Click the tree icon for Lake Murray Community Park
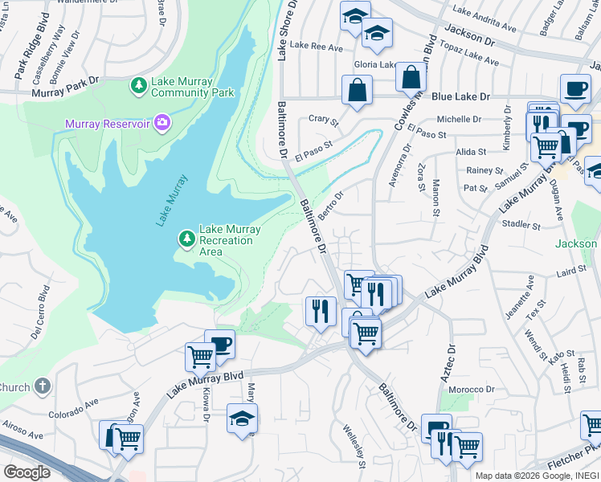click(139, 85)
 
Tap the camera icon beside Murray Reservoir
click(162, 123)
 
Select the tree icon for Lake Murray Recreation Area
click(186, 239)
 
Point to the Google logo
click(27, 472)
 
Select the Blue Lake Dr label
click(460, 96)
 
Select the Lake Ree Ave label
click(316, 47)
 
